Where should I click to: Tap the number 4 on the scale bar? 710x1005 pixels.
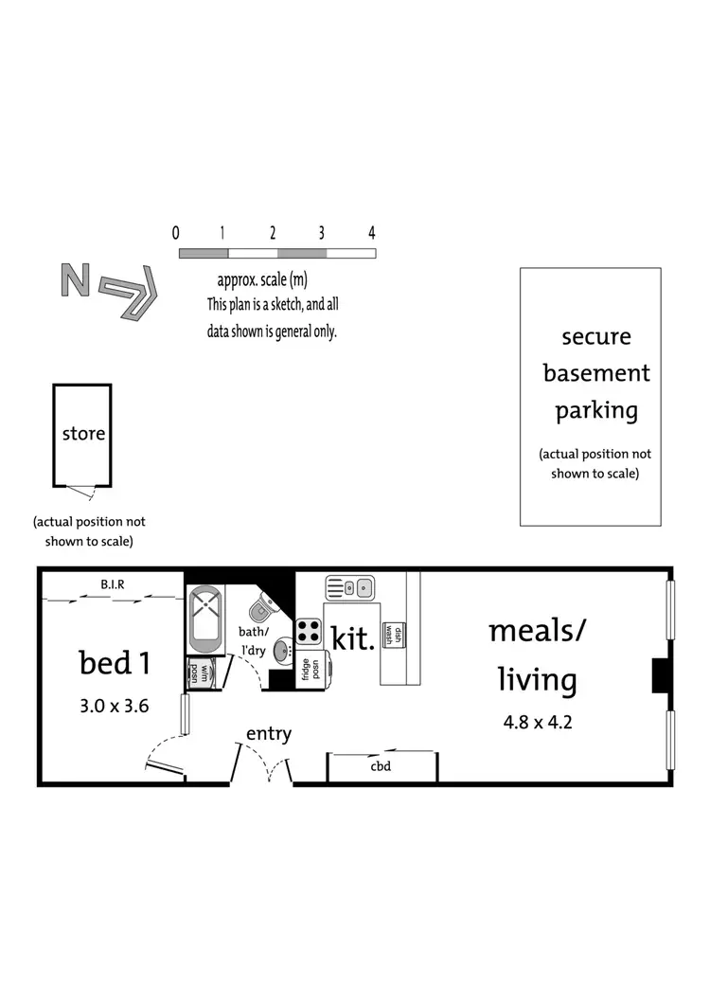(x=372, y=233)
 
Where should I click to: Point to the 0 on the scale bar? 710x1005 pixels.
(x=176, y=233)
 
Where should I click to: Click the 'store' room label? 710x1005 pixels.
(x=83, y=435)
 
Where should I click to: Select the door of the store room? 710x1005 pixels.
(x=83, y=491)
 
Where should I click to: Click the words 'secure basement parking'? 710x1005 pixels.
(x=590, y=373)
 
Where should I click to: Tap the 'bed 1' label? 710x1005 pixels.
(x=115, y=663)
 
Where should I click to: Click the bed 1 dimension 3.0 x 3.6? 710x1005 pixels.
(x=115, y=705)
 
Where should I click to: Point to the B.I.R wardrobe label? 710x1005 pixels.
(x=115, y=585)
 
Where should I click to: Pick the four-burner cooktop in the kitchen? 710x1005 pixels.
(x=309, y=631)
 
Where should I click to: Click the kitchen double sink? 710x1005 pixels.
(x=351, y=588)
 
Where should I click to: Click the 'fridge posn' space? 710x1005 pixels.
(x=311, y=669)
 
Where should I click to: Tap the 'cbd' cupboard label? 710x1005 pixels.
(x=381, y=767)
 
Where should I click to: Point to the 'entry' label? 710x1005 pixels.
(x=269, y=733)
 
